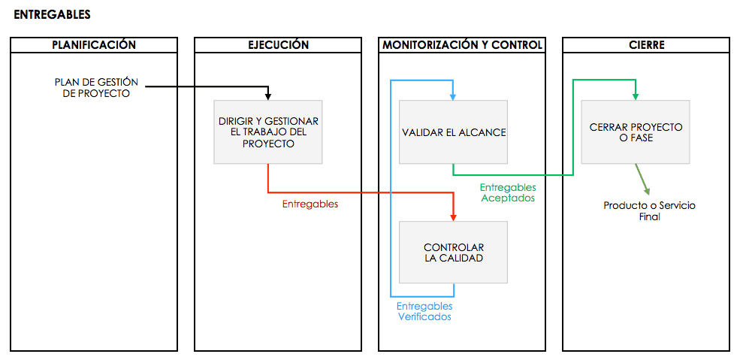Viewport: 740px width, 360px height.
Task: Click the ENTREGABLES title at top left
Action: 52,14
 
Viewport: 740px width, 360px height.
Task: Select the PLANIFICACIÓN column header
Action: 94,45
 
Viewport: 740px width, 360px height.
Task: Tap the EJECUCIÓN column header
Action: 278,45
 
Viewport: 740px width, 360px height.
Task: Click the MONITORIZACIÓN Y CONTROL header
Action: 462,45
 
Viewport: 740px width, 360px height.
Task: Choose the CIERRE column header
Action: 646,45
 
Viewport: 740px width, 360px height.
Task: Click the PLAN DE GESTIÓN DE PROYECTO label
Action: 96,88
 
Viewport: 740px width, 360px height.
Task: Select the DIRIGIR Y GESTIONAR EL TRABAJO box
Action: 268,132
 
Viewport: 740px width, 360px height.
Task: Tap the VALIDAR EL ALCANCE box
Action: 454,132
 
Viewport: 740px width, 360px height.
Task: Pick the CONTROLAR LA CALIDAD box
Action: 454,253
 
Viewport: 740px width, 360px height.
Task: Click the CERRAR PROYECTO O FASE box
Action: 636,132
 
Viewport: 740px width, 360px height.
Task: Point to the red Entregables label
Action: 310,204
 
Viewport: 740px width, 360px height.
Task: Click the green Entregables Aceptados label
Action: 508,193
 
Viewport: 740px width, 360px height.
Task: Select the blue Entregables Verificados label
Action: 424,312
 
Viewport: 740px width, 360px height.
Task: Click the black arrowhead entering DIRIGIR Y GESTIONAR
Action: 268,96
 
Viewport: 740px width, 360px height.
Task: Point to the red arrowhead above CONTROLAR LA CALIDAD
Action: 454,216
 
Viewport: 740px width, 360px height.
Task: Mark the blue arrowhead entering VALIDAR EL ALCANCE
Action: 453,96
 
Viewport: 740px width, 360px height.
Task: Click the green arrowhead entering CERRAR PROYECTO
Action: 636,96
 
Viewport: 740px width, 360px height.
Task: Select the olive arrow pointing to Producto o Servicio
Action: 642,180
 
